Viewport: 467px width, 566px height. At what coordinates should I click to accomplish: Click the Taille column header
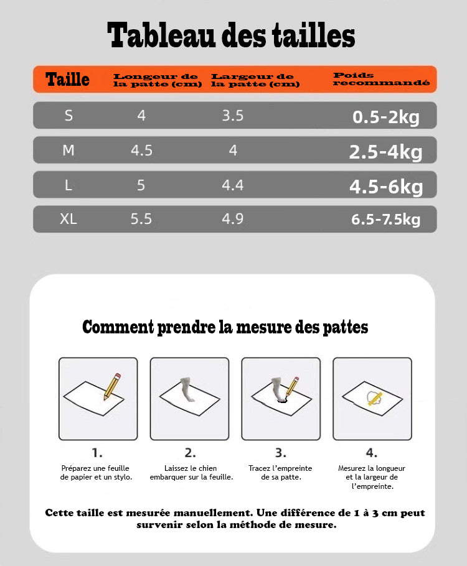67,80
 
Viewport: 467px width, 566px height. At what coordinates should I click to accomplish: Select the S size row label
68,116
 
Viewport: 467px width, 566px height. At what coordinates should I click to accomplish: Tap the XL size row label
68,219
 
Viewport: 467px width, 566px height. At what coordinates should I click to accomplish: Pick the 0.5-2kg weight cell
386,117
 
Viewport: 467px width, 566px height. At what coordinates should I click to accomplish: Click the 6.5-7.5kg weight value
386,219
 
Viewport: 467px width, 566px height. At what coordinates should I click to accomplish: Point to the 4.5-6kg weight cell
386,186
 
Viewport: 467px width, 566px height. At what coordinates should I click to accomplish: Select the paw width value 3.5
233,116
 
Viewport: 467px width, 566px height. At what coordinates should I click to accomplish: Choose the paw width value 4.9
233,219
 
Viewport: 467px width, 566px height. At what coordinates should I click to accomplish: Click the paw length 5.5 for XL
141,219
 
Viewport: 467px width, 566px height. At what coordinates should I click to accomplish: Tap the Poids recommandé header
381,79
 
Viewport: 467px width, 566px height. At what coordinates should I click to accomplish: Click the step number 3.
281,453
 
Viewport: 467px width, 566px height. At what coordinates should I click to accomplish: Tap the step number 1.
97,453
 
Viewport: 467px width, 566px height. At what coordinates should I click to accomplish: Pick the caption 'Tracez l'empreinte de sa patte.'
280,473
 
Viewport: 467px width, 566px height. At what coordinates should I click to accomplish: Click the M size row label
68,151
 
